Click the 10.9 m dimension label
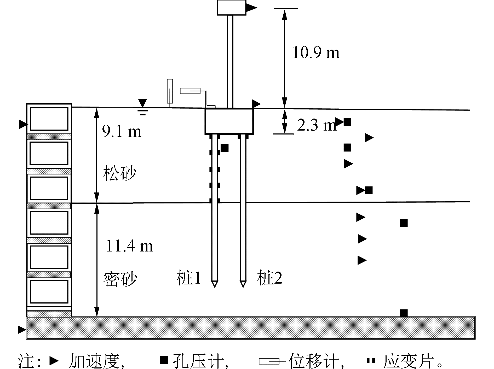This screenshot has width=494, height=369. pos(316,52)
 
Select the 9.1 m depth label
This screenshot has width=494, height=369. pos(122,131)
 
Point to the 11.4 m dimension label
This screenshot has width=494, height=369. pos(129,246)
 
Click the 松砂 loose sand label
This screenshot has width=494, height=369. pos(120,173)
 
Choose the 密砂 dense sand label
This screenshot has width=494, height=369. pos(120,279)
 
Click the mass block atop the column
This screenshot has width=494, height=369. pos(231,7)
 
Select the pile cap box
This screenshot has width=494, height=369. pos(229,121)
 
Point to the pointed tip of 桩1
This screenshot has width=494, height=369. pos(215,284)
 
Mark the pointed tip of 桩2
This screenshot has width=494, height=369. pos(243,284)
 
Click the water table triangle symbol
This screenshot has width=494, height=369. pos(142,103)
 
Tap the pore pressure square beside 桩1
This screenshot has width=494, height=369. pos(225,148)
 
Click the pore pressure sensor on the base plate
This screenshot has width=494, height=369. pos(404,313)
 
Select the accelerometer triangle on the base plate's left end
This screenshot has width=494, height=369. pos(22,330)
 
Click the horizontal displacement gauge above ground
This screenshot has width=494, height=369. pos(190,91)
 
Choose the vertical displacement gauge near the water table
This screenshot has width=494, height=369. pos(170,91)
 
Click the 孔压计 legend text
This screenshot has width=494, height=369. pos(200,361)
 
